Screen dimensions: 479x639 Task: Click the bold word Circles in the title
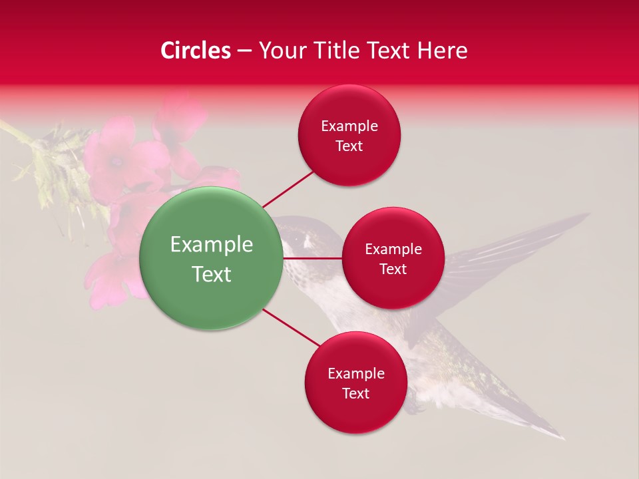196,51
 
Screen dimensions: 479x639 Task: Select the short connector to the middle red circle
312,257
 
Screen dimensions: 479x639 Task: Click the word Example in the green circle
211,245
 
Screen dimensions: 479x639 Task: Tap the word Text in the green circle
211,274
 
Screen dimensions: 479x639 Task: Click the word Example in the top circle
349,126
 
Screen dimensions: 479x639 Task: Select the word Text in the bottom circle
355,393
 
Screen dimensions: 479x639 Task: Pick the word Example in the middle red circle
393,249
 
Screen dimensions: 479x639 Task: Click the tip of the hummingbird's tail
562,438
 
